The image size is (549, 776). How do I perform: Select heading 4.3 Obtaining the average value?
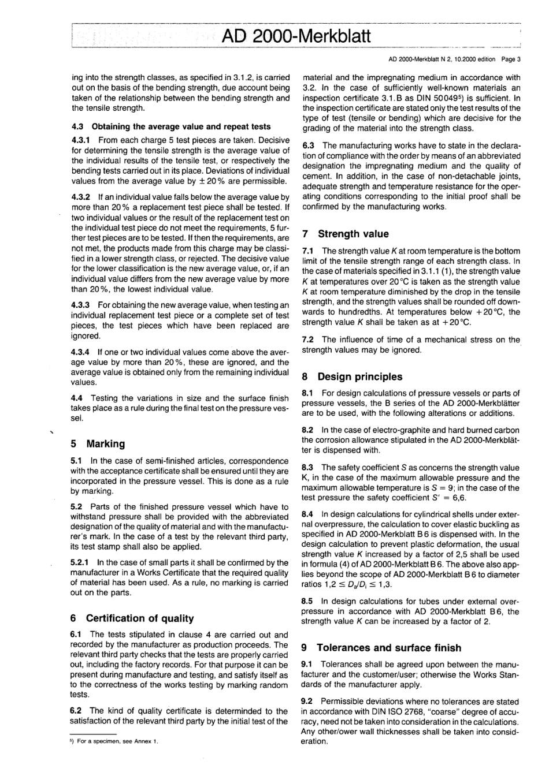[x=170, y=126]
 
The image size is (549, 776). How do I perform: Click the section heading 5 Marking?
[x=97, y=443]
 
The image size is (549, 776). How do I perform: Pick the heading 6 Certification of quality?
[x=132, y=618]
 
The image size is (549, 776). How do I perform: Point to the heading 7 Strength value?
[x=346, y=234]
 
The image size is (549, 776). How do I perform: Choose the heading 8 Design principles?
[x=353, y=376]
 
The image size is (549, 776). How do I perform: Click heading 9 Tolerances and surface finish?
[x=382, y=648]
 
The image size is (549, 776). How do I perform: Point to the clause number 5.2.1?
[x=81, y=562]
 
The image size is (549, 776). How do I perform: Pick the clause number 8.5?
[x=309, y=601]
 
